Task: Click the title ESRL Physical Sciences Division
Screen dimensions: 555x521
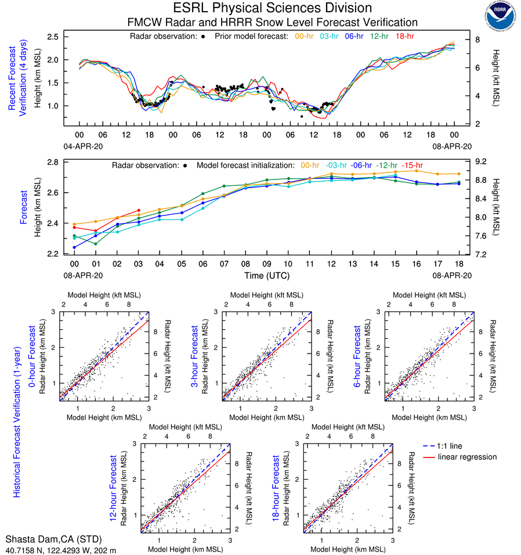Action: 273,8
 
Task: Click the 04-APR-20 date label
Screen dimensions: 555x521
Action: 80,146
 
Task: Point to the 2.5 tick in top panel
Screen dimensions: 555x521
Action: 53,37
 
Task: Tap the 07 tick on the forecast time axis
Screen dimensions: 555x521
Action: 224,264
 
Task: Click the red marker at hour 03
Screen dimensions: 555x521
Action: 139,210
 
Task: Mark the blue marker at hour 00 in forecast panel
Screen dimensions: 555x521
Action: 75,247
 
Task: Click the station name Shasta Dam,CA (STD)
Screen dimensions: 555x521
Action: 50,539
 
